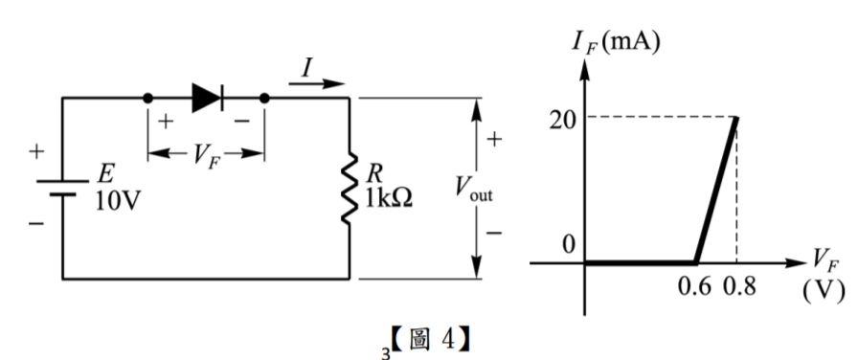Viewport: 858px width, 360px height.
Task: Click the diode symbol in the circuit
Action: pos(206,97)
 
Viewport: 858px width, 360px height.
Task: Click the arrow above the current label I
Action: pos(316,83)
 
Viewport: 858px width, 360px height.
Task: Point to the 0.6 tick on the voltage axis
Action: pos(694,287)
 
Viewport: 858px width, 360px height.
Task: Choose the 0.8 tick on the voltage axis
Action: pos(737,287)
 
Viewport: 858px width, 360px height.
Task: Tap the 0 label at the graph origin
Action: pos(568,244)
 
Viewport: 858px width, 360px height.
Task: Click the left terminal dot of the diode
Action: pos(147,98)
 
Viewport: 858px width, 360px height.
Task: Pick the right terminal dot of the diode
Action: pos(264,98)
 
